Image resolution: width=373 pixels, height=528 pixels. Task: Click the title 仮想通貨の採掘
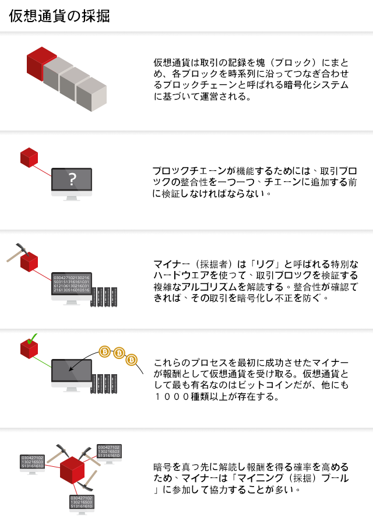pyautogui.click(x=59, y=16)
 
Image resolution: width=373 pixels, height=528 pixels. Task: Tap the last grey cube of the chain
pyautogui.click(x=92, y=94)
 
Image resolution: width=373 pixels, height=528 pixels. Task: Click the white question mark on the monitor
pyautogui.click(x=72, y=179)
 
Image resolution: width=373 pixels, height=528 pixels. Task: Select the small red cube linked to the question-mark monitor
pyautogui.click(x=29, y=157)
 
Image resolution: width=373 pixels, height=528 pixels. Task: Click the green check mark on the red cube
pyautogui.click(x=31, y=339)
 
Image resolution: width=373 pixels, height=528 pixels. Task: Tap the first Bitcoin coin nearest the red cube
pyautogui.click(x=105, y=352)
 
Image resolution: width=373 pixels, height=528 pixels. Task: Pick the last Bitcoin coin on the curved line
pyautogui.click(x=131, y=360)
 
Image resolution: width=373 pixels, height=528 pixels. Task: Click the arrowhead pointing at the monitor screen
pyautogui.click(x=71, y=368)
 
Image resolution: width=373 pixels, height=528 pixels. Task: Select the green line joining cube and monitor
pyautogui.click(x=42, y=362)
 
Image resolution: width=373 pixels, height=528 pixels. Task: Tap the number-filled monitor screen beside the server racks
pyautogui.click(x=71, y=283)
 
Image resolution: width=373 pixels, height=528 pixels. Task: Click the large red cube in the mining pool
pyautogui.click(x=72, y=470)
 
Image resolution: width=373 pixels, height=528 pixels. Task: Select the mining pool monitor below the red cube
pyautogui.click(x=82, y=505)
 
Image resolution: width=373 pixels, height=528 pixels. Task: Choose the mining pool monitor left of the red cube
pyautogui.click(x=32, y=464)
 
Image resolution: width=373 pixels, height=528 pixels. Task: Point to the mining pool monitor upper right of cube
pyautogui.click(x=109, y=453)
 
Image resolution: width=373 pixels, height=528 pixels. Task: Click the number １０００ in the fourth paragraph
pyautogui.click(x=173, y=396)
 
